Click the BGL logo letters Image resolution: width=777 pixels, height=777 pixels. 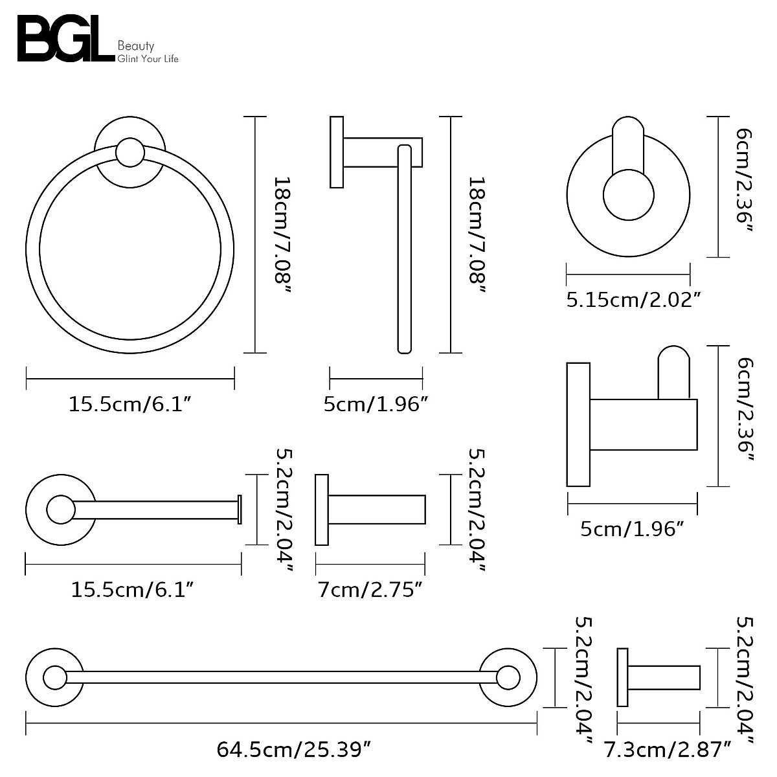(65, 40)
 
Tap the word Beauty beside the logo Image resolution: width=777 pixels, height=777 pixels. (136, 46)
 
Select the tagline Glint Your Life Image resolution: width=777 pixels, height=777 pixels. (147, 59)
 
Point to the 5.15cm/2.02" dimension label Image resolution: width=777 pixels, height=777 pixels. (634, 299)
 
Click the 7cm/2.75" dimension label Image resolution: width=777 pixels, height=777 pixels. (370, 590)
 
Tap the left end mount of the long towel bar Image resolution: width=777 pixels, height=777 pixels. (54, 678)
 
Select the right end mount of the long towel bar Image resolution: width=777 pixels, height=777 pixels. (508, 678)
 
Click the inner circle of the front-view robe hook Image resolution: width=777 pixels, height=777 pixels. (628, 194)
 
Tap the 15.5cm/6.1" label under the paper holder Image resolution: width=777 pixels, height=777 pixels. (133, 590)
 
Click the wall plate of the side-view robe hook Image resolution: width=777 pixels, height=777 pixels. (578, 424)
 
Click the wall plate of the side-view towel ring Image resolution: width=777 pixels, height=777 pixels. (336, 152)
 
